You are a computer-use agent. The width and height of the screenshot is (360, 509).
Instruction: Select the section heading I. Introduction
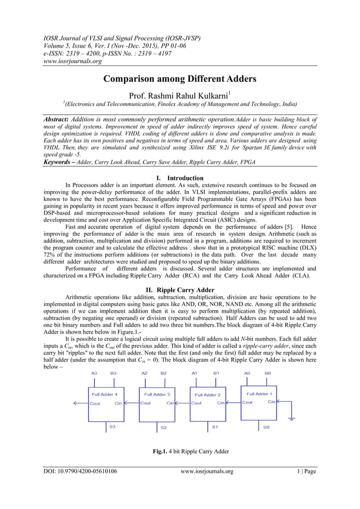click(179, 178)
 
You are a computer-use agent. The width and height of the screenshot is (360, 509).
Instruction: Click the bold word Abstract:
click(60, 120)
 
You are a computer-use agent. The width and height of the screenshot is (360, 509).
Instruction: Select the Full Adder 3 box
click(156, 403)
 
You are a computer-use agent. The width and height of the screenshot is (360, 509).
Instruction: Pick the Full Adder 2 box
click(207, 403)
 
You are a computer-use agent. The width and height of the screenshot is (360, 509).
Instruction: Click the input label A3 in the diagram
click(94, 373)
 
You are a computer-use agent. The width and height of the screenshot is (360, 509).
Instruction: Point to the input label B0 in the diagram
click(267, 373)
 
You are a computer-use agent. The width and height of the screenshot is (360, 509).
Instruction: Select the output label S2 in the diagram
click(164, 428)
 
